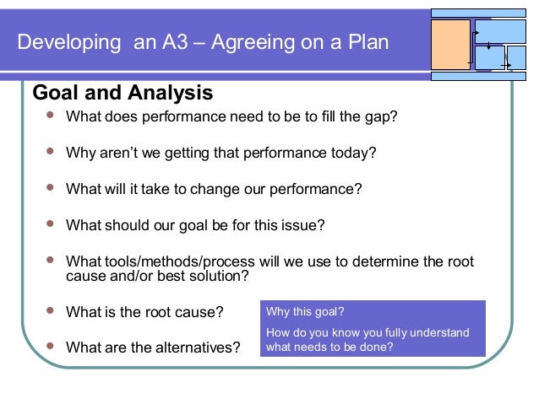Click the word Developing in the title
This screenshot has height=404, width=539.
pyautogui.click(x=70, y=42)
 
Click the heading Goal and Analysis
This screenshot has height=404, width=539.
pyautogui.click(x=122, y=92)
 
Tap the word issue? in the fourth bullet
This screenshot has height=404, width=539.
pyautogui.click(x=302, y=225)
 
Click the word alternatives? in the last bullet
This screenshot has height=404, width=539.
pyautogui.click(x=199, y=347)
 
